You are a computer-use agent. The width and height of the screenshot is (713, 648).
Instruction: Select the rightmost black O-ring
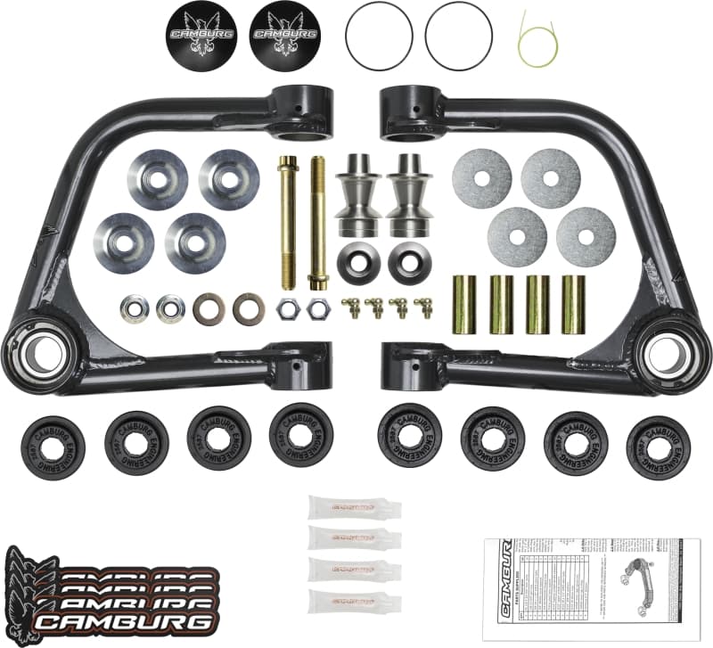click(x=459, y=33)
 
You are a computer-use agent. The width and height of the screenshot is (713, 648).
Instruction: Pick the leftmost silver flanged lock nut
click(x=135, y=308)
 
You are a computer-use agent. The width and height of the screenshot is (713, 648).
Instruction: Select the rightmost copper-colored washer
click(x=249, y=308)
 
